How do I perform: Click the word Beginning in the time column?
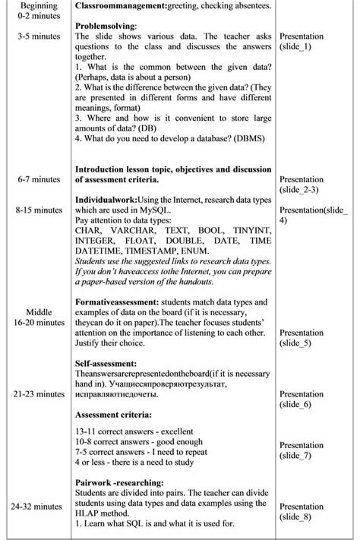(x=33, y=5)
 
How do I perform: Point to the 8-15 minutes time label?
(x=37, y=209)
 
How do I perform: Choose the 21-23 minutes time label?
(x=37, y=394)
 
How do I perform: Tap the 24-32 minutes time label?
(x=37, y=506)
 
